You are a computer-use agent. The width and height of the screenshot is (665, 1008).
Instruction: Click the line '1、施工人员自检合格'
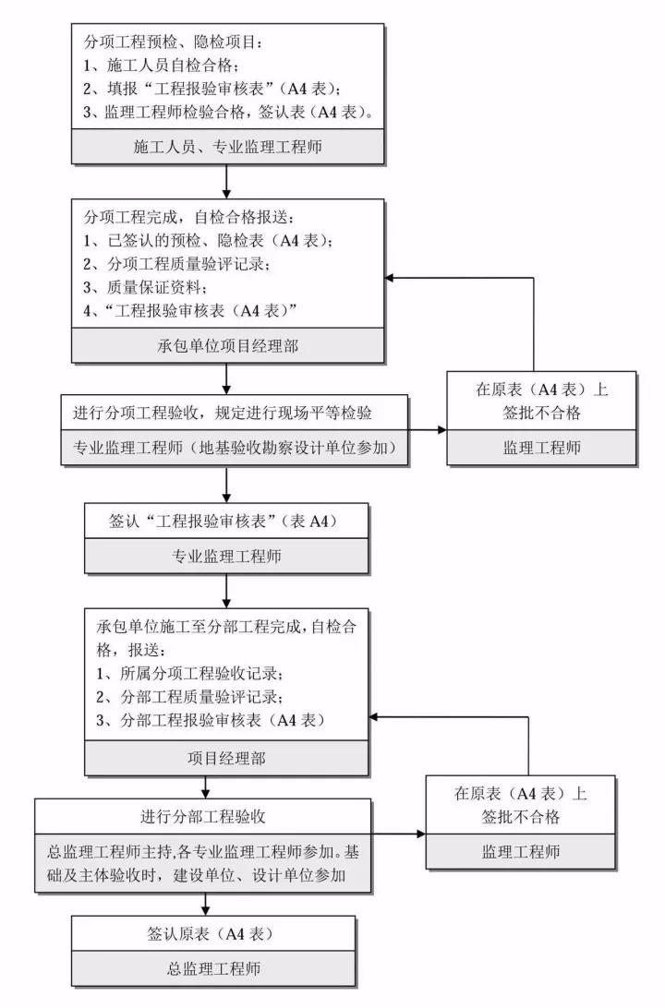pyautogui.click(x=162, y=66)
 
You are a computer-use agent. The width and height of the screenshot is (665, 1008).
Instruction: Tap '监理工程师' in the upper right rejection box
pyautogui.click(x=541, y=448)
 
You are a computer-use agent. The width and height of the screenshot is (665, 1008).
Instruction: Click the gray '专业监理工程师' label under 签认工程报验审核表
pyautogui.click(x=225, y=557)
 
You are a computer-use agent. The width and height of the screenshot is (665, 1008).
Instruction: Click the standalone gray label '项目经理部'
pyautogui.click(x=225, y=759)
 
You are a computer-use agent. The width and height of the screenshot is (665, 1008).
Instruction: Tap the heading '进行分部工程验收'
pyautogui.click(x=204, y=816)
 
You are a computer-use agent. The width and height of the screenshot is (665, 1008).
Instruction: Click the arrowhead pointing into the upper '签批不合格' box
pyautogui.click(x=441, y=430)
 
